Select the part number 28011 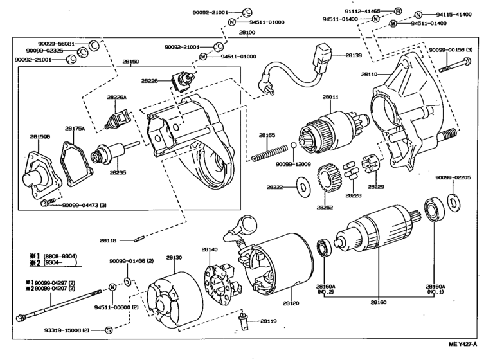point(330,97)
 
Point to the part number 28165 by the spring point(267,135)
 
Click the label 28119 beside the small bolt point(269,320)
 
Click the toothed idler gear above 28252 point(328,177)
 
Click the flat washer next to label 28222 point(301,188)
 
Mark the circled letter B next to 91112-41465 point(397,12)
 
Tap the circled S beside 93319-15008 point(109,330)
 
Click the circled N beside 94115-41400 point(418,14)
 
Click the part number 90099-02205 point(453,177)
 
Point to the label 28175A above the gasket point(74,128)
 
